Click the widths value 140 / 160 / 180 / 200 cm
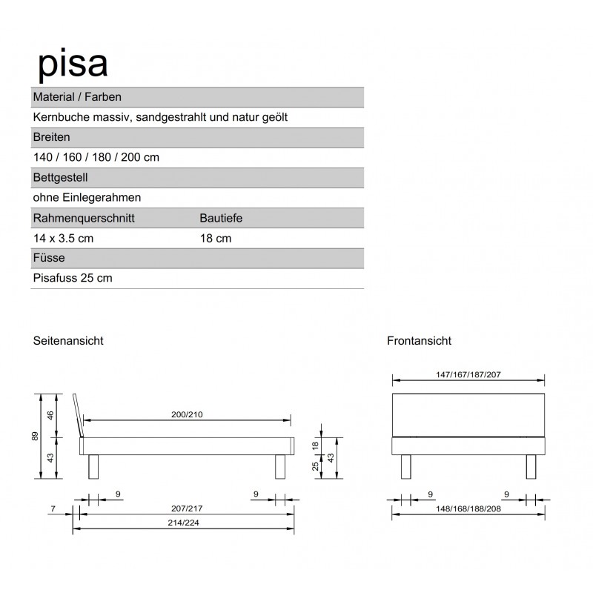pyautogui.click(x=96, y=157)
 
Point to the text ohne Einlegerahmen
pyautogui.click(x=87, y=197)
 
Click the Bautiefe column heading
pyautogui.click(x=221, y=218)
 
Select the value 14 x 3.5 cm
pyautogui.click(x=63, y=238)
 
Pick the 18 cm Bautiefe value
pyautogui.click(x=215, y=238)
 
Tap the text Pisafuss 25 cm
pyautogui.click(x=73, y=278)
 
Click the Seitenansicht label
pyautogui.click(x=67, y=341)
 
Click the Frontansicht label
pyautogui.click(x=419, y=341)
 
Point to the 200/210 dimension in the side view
pyautogui.click(x=187, y=414)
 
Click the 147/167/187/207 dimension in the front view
pyautogui.click(x=468, y=375)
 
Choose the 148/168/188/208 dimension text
pyautogui.click(x=468, y=509)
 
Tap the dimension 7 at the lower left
pyautogui.click(x=53, y=509)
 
